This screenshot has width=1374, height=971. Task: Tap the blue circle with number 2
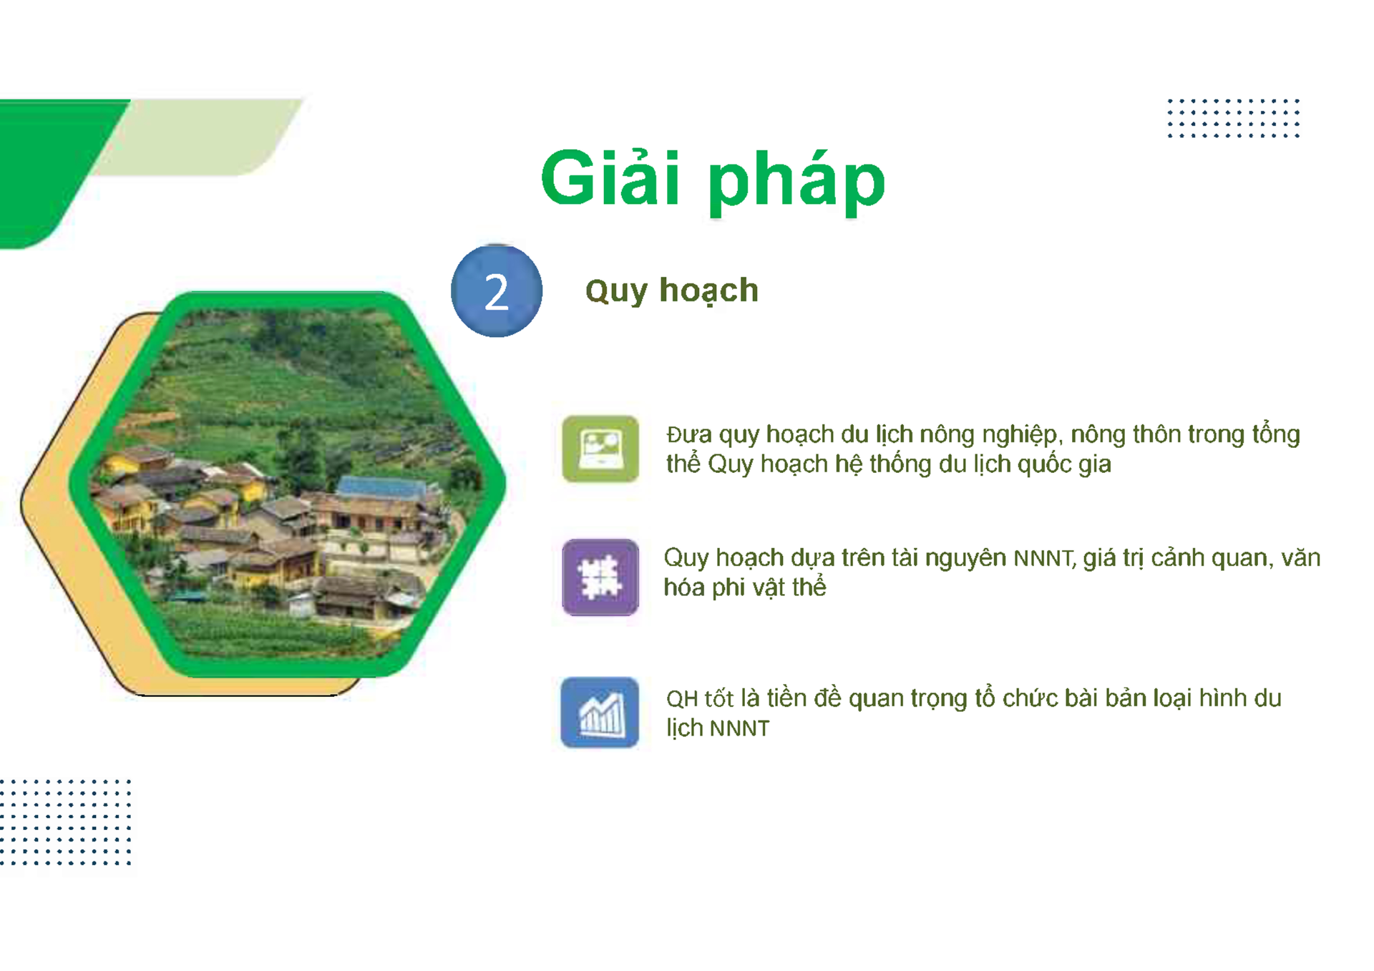(x=496, y=291)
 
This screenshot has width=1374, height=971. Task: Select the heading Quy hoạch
(x=671, y=291)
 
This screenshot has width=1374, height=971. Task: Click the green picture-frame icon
(x=600, y=449)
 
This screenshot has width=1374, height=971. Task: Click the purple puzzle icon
(x=600, y=577)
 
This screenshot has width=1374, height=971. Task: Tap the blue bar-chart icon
(x=600, y=712)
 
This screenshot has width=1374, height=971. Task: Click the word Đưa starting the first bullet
(x=689, y=435)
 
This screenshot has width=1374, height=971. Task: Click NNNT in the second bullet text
(x=1043, y=558)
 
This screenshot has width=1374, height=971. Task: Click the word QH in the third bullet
(x=681, y=699)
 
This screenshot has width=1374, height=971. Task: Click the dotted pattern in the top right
(x=1232, y=118)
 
